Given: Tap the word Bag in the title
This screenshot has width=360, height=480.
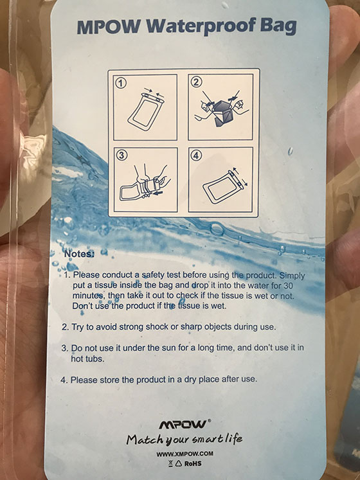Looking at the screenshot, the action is [x=278, y=27].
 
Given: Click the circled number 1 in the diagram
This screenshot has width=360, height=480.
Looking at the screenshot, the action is [x=122, y=84].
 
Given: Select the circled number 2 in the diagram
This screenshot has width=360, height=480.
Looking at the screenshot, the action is [x=196, y=82].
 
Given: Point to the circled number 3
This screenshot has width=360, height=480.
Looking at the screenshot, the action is [x=122, y=156].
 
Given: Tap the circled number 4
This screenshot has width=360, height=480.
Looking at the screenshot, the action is [x=196, y=156].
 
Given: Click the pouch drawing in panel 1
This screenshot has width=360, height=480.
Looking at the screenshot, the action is [x=145, y=111].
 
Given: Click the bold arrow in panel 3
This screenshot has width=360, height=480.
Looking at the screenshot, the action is [x=157, y=193].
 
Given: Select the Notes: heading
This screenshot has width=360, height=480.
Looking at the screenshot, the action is [x=78, y=254].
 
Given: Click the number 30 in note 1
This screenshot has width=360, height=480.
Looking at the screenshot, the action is [x=288, y=286].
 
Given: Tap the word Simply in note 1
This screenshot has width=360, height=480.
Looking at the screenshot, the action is [x=292, y=276].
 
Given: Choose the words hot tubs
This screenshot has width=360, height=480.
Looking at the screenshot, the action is [x=87, y=359].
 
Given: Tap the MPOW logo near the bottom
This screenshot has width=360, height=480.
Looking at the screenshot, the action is [x=184, y=425].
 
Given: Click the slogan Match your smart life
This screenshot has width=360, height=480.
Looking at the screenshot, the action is [x=184, y=440].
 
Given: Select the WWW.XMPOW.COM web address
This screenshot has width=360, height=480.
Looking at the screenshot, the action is [x=184, y=454].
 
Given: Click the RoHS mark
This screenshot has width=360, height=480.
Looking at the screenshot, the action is [x=193, y=463].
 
